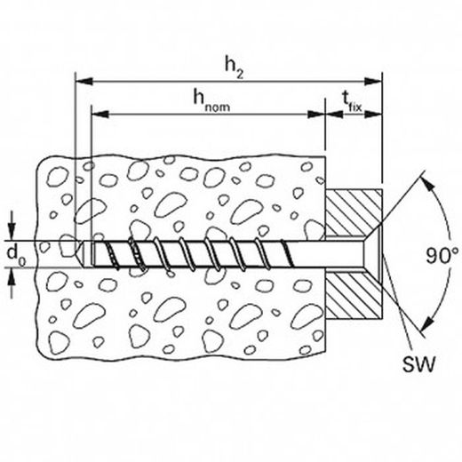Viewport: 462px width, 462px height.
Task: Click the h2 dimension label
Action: [234, 68]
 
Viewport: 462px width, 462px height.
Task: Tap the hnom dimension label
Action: [211, 100]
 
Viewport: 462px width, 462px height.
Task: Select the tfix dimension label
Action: [352, 100]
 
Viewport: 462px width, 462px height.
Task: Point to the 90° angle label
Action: [442, 256]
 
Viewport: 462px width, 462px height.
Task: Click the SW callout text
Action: [418, 364]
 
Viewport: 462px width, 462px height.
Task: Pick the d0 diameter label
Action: [16, 255]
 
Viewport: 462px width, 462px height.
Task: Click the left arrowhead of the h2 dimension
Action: [84, 81]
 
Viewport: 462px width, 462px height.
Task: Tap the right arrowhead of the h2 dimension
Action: [373, 81]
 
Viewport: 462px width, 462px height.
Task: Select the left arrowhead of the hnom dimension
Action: [100, 114]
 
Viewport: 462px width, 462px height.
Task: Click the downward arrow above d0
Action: [12, 226]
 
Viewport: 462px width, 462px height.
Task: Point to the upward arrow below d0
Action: [12, 283]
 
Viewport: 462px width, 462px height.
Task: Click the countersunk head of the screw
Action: [371, 253]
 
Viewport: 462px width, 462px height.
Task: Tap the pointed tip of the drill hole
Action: [79, 253]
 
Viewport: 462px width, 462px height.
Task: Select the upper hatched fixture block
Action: [353, 212]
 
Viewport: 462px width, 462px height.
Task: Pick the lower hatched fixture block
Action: [353, 295]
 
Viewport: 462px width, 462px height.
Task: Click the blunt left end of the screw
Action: [92, 253]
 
